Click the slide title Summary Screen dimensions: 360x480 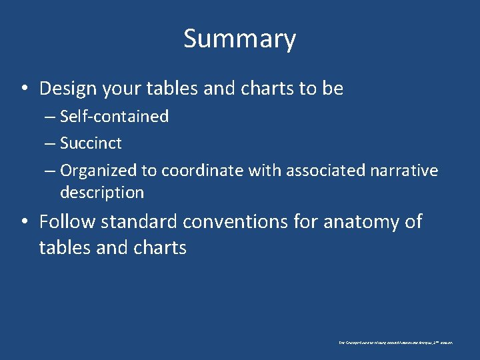(x=239, y=39)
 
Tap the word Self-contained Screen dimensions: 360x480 (x=114, y=117)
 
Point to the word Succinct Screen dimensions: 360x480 (x=91, y=143)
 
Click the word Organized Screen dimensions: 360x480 (x=98, y=171)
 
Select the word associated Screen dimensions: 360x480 (x=326, y=171)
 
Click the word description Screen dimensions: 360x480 (x=102, y=193)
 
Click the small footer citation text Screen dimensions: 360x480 (x=395, y=342)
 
